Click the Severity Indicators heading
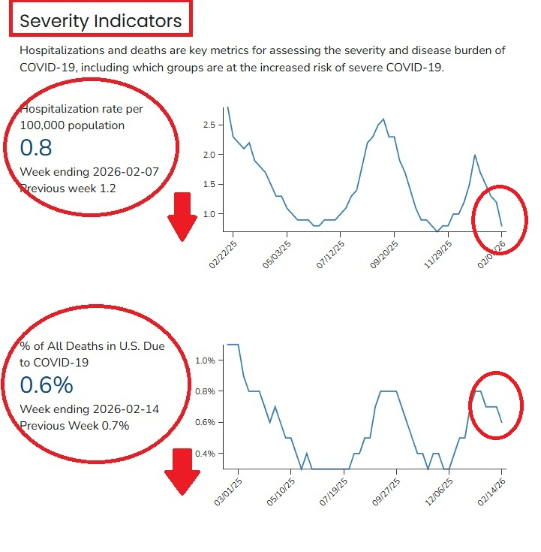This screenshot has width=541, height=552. [x=101, y=21]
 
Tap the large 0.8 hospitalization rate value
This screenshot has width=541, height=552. [x=35, y=147]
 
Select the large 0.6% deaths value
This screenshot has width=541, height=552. [x=46, y=385]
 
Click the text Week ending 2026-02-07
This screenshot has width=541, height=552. [x=89, y=171]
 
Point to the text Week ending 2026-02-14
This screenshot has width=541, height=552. [x=89, y=409]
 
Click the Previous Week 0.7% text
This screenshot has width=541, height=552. [x=74, y=426]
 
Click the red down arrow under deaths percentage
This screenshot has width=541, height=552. [x=182, y=471]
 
